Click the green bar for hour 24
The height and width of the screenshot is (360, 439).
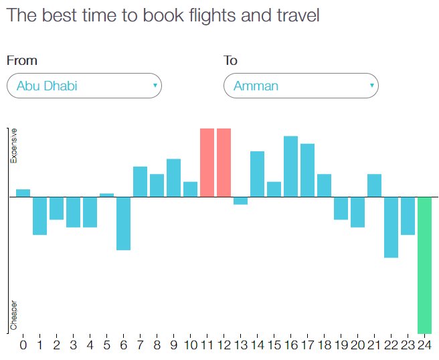click(424, 264)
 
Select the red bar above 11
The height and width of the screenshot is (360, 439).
click(207, 162)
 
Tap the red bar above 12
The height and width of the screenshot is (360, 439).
click(224, 162)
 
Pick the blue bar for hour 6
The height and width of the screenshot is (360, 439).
click(123, 223)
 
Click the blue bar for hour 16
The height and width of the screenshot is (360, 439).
click(290, 167)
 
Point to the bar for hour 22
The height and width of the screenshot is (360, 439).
click(391, 227)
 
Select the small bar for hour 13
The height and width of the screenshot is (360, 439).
click(240, 201)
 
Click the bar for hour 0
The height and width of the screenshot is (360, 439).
click(23, 193)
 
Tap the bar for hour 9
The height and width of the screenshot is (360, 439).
click(173, 178)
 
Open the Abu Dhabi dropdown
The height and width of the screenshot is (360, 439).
click(84, 86)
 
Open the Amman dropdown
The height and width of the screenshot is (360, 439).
click(301, 86)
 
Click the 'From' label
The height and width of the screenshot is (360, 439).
click(22, 61)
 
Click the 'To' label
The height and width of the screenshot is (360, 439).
click(230, 61)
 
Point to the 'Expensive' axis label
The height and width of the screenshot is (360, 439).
click(13, 146)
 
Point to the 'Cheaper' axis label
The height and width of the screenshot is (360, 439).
click(13, 314)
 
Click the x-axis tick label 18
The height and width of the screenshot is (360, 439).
click(324, 345)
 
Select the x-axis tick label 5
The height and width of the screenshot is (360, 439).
click(106, 345)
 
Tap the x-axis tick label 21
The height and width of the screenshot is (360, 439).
click(374, 345)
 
